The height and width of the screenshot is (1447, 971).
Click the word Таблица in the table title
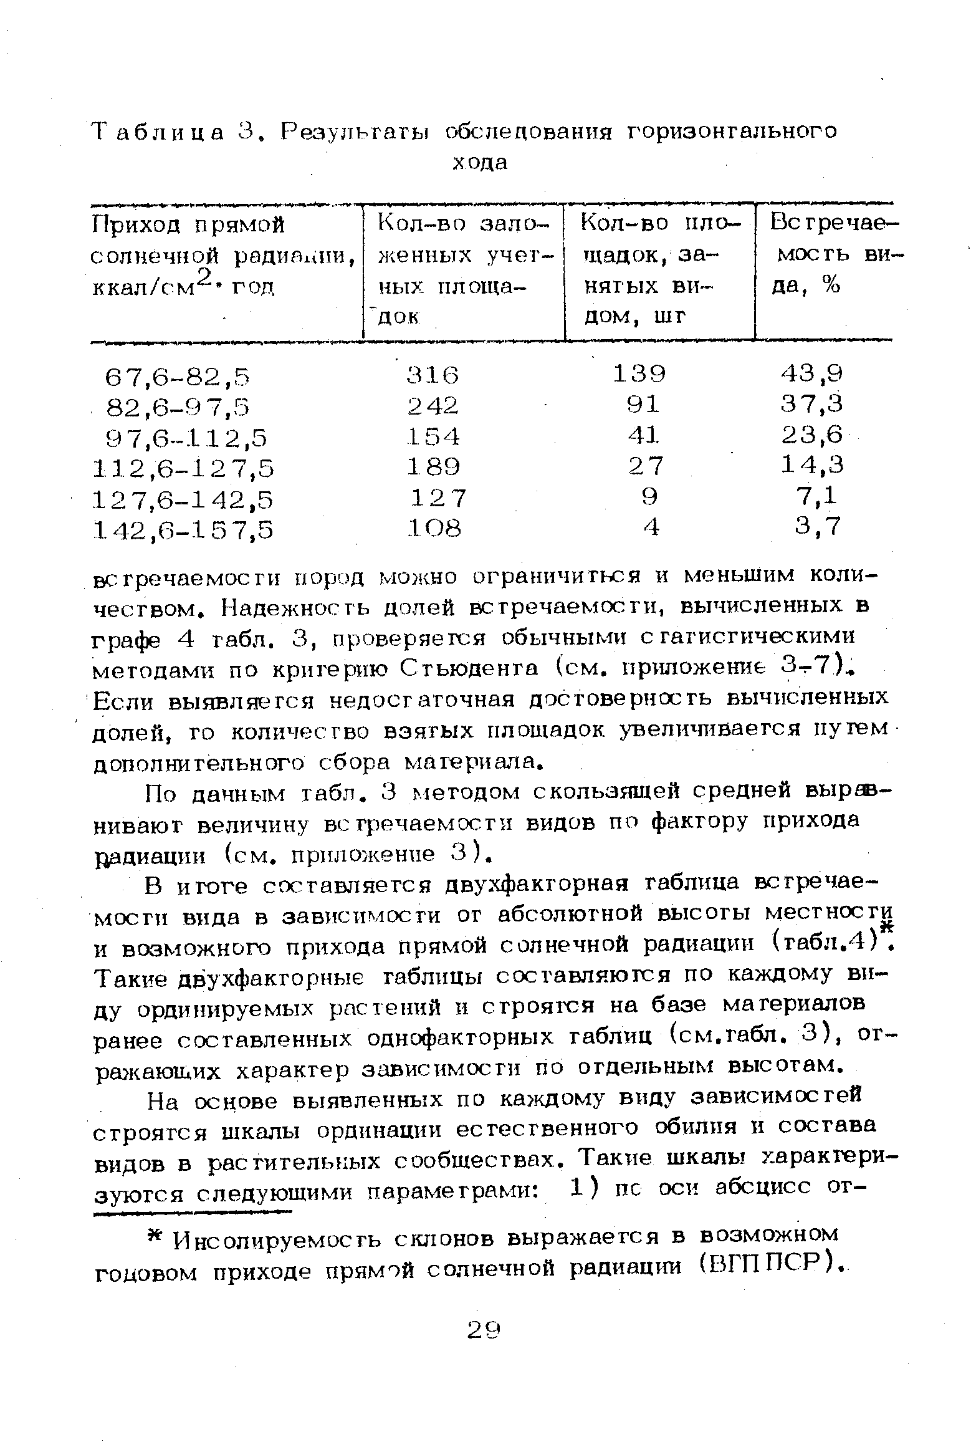pyautogui.click(x=158, y=132)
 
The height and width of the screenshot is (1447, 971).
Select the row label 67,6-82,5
pyautogui.click(x=178, y=377)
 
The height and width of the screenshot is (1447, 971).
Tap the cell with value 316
pyautogui.click(x=433, y=375)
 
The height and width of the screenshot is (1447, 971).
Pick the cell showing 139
pyautogui.click(x=639, y=373)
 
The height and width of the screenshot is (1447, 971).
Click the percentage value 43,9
pyautogui.click(x=812, y=373)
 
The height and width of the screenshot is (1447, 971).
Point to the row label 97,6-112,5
pyautogui.click(x=188, y=438)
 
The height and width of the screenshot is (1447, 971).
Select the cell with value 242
pyautogui.click(x=433, y=406)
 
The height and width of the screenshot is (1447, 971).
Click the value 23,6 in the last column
pyautogui.click(x=812, y=435)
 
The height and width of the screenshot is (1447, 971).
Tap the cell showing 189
pyautogui.click(x=433, y=466)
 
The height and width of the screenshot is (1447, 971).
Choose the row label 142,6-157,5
pyautogui.click(x=183, y=529)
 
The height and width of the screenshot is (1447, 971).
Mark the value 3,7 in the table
pyautogui.click(x=818, y=527)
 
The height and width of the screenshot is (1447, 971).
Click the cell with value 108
pyautogui.click(x=434, y=528)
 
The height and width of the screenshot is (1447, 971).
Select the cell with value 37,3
pyautogui.click(x=812, y=404)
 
